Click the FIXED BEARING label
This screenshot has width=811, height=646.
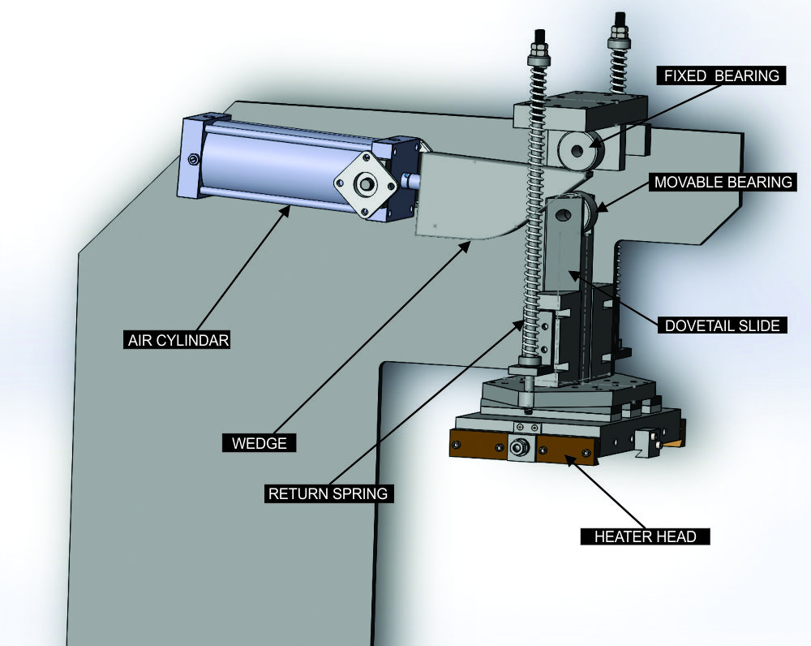[721, 75]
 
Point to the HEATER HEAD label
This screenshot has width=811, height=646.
[646, 536]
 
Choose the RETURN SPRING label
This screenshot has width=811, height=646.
[329, 493]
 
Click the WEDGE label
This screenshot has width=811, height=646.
[259, 443]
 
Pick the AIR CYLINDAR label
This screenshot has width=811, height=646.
[178, 340]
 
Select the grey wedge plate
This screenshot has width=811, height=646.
[470, 195]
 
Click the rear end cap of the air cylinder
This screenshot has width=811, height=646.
[191, 158]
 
